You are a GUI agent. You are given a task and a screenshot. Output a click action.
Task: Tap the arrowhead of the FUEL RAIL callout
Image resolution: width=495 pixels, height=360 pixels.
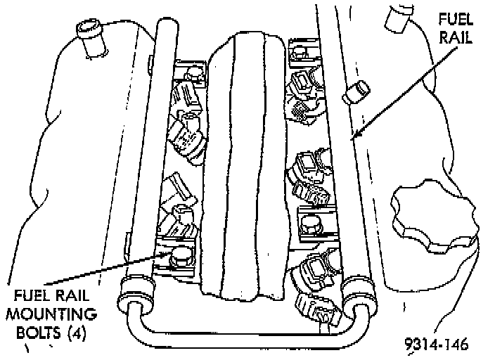coord(356,136)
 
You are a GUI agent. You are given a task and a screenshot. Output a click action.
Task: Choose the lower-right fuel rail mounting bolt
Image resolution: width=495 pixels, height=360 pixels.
coord(310,224)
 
